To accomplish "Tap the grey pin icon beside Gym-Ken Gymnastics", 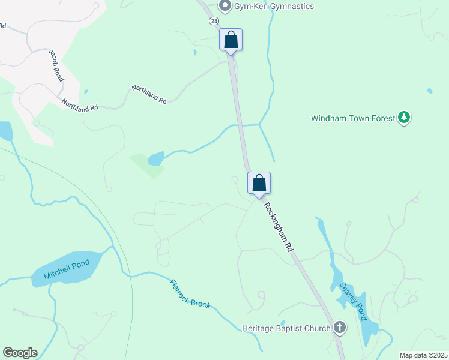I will pyautogui.click(x=225, y=7).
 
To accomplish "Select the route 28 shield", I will pyautogui.click(x=214, y=21).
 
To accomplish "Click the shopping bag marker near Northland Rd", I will pyautogui.click(x=231, y=40).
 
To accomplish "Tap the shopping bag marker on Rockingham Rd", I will pyautogui.click(x=259, y=183).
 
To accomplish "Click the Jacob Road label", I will pyautogui.click(x=57, y=65).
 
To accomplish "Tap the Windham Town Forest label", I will pyautogui.click(x=352, y=118).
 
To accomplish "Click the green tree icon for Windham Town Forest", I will pyautogui.click(x=405, y=118).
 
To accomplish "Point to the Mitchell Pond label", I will pyautogui.click(x=66, y=270).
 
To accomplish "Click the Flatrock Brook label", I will pyautogui.click(x=190, y=294).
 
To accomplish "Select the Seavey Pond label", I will pyautogui.click(x=352, y=302).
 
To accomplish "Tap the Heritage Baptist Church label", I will pyautogui.click(x=286, y=328).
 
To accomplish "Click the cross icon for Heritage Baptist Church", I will pyautogui.click(x=340, y=328).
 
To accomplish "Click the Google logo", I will pyautogui.click(x=20, y=353).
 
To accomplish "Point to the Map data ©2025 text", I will pyautogui.click(x=423, y=355).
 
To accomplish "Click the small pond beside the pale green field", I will pyautogui.click(x=156, y=158).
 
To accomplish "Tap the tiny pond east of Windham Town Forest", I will pyautogui.click(x=430, y=91).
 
